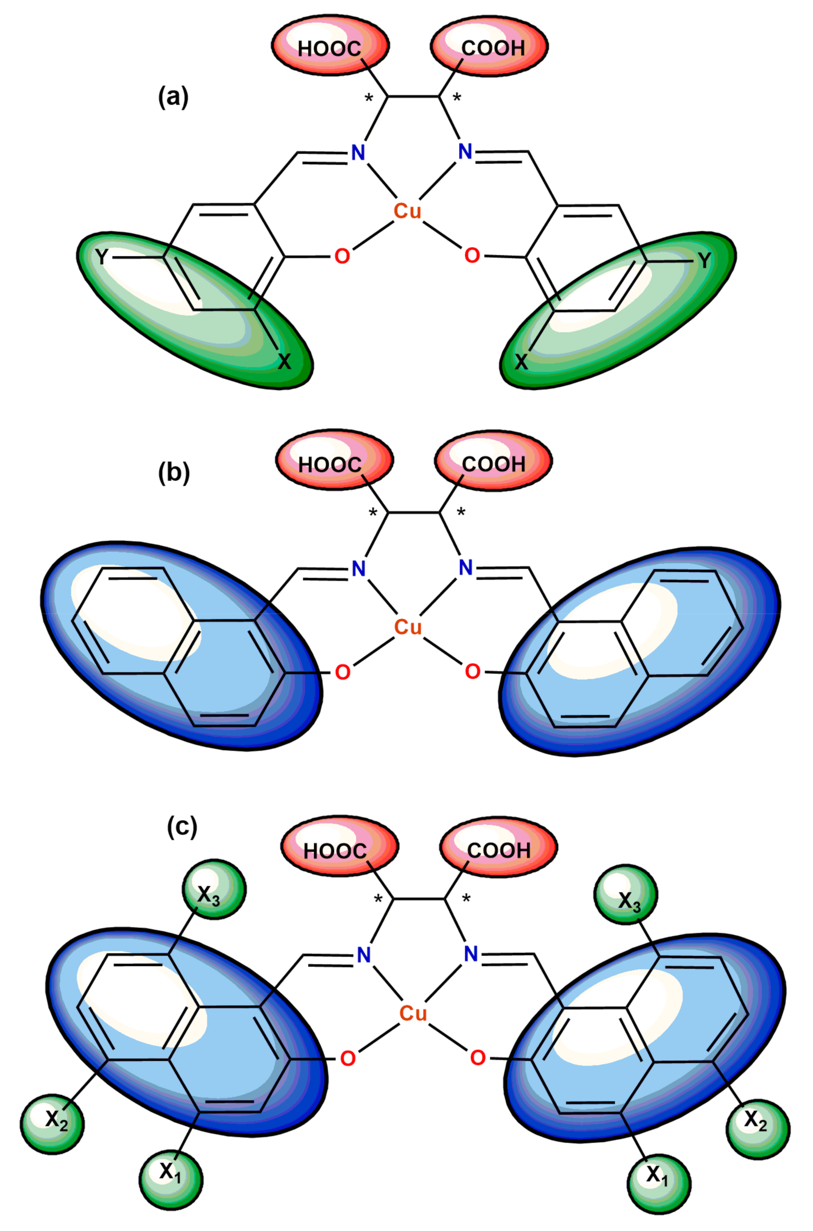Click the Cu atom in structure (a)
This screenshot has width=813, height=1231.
pos(407,211)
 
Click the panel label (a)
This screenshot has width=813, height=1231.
pos(173,97)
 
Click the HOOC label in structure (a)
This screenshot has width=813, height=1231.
pos(329,49)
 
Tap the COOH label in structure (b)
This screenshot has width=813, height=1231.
pos(493,464)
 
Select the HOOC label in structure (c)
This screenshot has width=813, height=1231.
pos(335,851)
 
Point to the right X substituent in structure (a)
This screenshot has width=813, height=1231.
pos(521,362)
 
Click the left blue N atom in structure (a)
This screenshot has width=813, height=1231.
pos(358,153)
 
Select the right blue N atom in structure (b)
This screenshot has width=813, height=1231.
pos(466,568)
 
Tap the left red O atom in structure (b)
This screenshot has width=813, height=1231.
pos(342,673)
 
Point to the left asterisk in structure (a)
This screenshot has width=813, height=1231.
pos(369,98)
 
